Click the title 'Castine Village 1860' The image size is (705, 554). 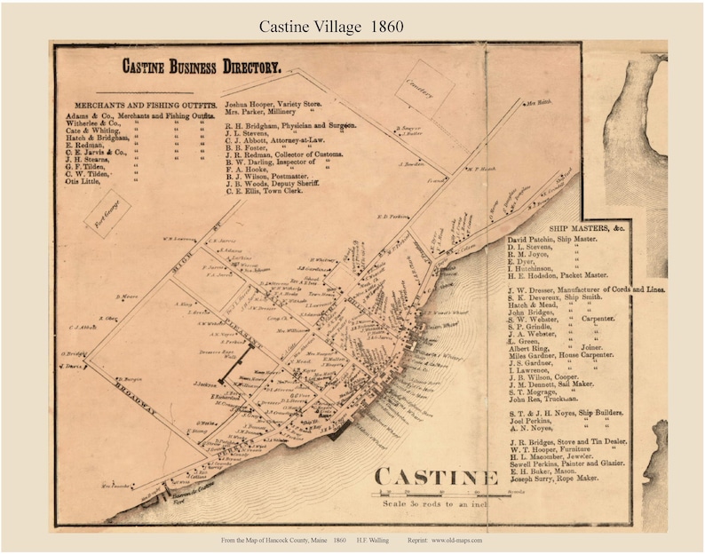point(331,27)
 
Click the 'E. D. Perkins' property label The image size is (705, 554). point(391,216)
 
